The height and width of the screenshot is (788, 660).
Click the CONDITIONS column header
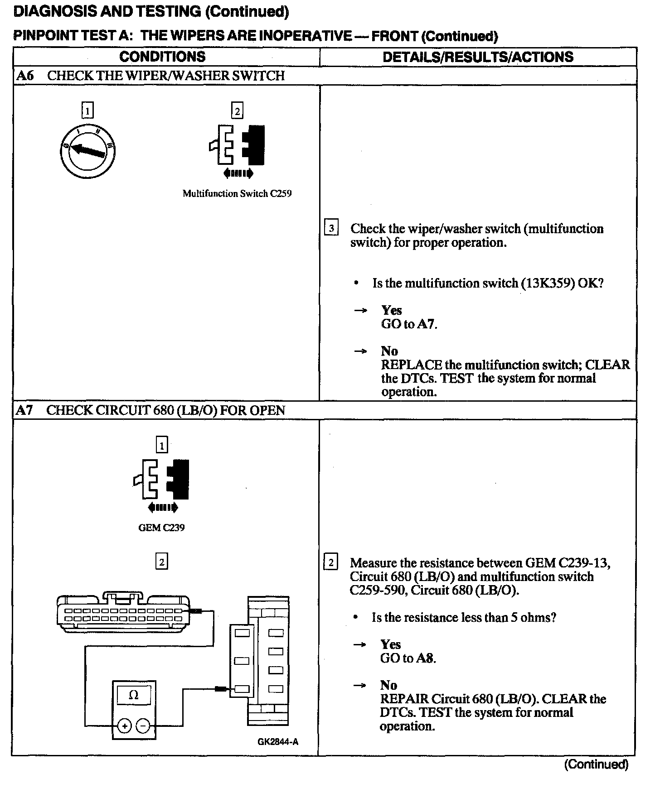(162, 57)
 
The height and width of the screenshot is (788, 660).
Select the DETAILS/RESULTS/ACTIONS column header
(478, 57)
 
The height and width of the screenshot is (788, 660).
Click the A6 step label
(25, 76)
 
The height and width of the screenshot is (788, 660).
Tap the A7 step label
(24, 410)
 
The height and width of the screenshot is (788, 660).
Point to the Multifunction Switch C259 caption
(237, 194)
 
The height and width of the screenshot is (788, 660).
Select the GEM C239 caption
(161, 528)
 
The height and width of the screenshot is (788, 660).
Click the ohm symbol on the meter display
(134, 695)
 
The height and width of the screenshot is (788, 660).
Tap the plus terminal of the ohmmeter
(124, 726)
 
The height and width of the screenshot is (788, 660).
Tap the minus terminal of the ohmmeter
(143, 726)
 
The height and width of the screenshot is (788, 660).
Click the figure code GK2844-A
(278, 742)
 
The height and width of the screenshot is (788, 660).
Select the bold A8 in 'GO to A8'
(426, 658)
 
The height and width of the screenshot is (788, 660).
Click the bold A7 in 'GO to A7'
(427, 324)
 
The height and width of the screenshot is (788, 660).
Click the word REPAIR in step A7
(404, 699)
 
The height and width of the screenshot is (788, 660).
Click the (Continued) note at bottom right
(596, 764)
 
